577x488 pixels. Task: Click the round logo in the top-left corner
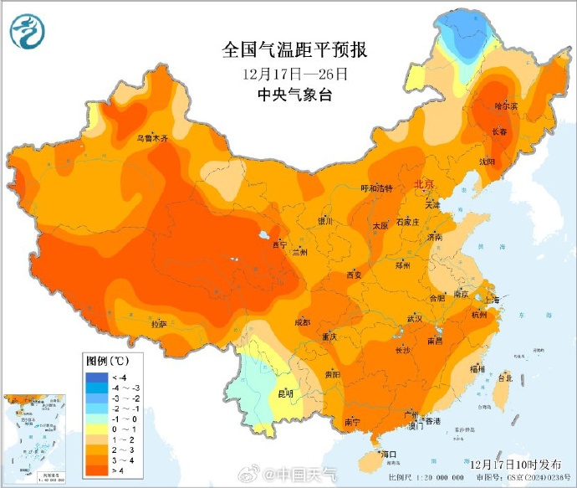coord(28,31)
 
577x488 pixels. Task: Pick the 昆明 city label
coord(285,393)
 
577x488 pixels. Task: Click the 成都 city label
coord(303,322)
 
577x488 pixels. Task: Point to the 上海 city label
coord(491,299)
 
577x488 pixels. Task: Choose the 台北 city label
coord(504,378)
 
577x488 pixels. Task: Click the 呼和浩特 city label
coord(375,188)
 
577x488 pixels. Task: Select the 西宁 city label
coord(280,244)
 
